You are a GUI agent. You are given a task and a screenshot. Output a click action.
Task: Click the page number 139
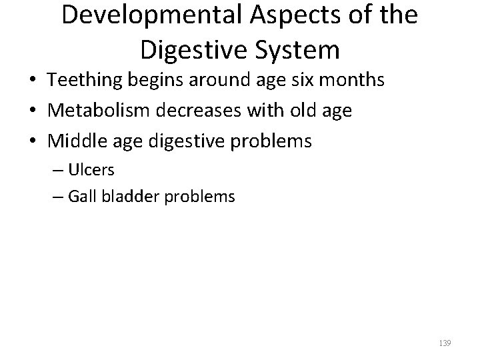coord(446,343)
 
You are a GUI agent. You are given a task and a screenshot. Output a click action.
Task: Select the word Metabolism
coord(89,111)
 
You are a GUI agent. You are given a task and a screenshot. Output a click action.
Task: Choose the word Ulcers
coord(91,170)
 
